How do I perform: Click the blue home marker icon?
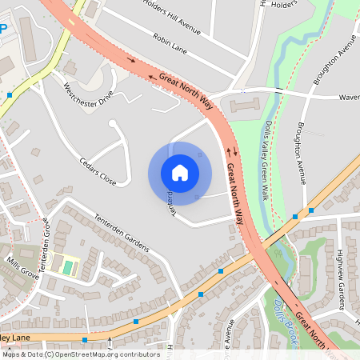click(x=180, y=173)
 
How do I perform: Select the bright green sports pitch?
click(x=67, y=266)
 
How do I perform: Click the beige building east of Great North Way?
click(x=246, y=105)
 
